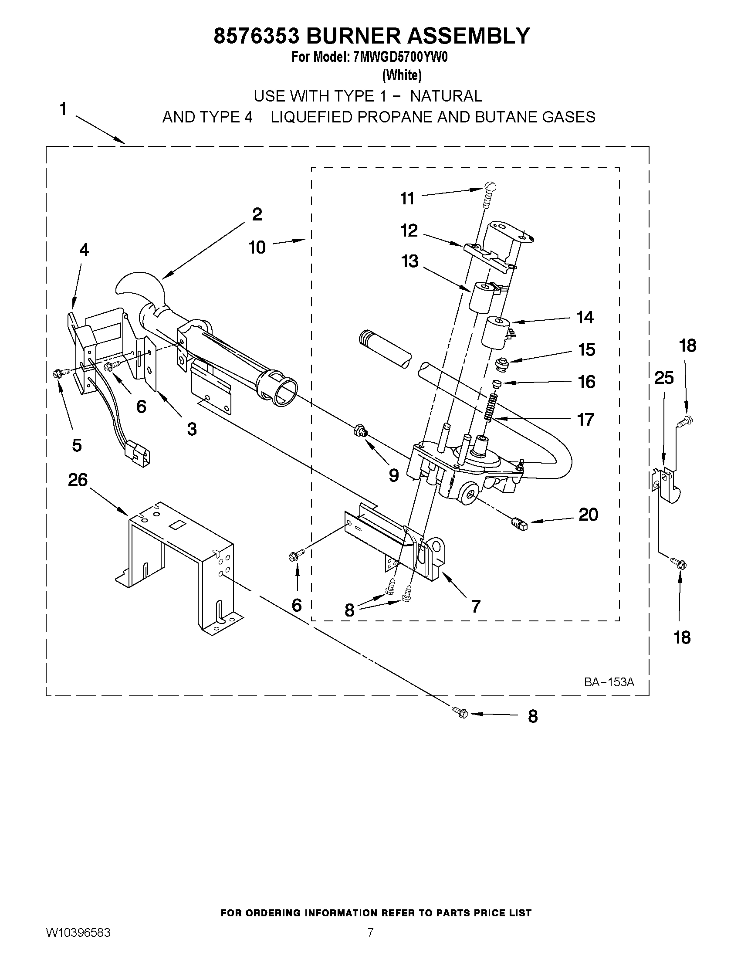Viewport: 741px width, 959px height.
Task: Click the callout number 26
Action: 78,480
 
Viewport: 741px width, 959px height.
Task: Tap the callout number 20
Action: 588,514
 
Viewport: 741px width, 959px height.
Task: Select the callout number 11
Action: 407,199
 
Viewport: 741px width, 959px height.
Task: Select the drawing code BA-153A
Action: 609,682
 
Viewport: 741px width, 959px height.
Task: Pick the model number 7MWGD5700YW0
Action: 400,58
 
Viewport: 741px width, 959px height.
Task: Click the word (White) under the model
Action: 402,75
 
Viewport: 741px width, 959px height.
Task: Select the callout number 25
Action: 663,378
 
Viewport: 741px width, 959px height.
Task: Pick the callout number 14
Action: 585,317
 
